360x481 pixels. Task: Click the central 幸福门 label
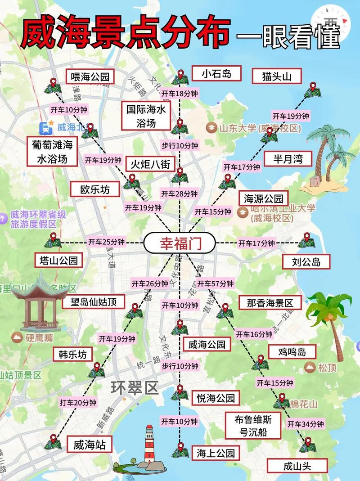(x=180, y=244)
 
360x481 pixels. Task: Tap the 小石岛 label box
(x=216, y=73)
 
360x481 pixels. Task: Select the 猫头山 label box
(x=276, y=76)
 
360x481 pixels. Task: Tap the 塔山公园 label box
(x=59, y=260)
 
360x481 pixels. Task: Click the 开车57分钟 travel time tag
(x=216, y=283)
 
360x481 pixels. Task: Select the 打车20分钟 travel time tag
(x=78, y=402)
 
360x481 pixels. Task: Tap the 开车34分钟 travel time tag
(x=306, y=424)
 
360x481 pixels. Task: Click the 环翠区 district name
(x=135, y=387)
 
